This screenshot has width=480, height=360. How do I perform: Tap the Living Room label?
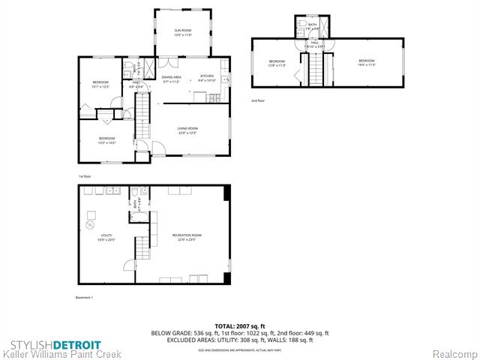pos(187,130)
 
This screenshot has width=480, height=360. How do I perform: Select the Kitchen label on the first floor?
pos(207,77)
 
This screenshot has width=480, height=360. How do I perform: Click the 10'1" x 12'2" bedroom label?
pos(100,83)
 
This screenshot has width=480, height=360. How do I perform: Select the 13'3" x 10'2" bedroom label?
pos(106,139)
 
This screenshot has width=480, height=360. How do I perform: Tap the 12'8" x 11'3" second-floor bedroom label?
pos(277,63)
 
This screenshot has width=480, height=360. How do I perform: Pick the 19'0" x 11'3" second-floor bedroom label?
pos(365,62)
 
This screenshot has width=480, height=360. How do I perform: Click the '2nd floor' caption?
pos(257,100)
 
